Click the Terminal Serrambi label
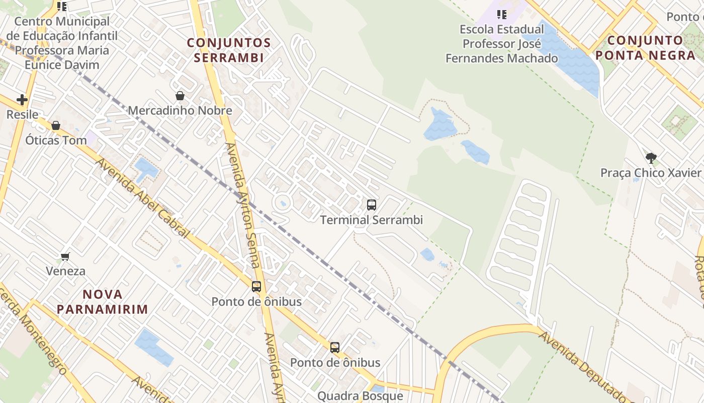[372, 220]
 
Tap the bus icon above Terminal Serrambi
[372, 205]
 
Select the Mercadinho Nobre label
[180, 111]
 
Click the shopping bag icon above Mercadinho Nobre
[180, 96]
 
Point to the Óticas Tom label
[56, 140]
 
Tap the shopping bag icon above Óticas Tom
[56, 125]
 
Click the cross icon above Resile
[22, 100]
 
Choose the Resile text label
[22, 114]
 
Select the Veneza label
[65, 271]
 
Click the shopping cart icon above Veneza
[65, 256]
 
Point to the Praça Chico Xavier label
[651, 173]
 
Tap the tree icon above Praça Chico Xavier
[651, 158]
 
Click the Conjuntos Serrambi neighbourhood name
[229, 50]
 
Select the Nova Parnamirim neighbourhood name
[102, 301]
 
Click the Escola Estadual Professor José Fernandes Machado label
[502, 44]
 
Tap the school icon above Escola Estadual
[501, 15]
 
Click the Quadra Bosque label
[360, 396]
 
